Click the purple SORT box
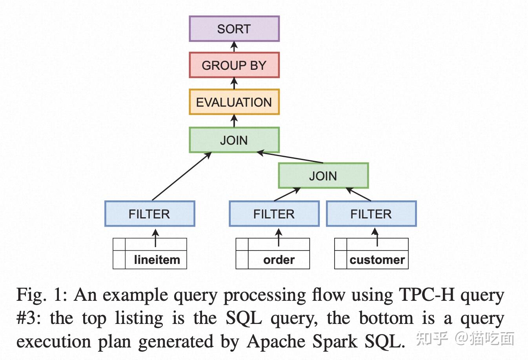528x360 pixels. pyautogui.click(x=234, y=29)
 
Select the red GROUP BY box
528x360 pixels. pyautogui.click(x=234, y=65)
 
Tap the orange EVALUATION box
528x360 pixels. pyautogui.click(x=234, y=102)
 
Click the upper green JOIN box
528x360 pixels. pyautogui.click(x=234, y=140)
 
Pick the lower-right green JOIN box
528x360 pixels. pyautogui.click(x=323, y=176)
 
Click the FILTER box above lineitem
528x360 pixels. pyautogui.click(x=149, y=214)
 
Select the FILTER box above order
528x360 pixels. pyautogui.click(x=274, y=214)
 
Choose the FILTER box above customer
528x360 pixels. pyautogui.click(x=371, y=214)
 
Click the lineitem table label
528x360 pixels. pyautogui.click(x=157, y=260)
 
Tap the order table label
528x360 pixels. pyautogui.click(x=279, y=260)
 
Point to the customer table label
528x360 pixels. pyautogui.click(x=377, y=260)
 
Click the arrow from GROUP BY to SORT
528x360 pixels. pyautogui.click(x=234, y=47)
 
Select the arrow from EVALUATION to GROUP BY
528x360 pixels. pyautogui.click(x=234, y=83)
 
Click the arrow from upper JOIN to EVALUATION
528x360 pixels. pyautogui.click(x=234, y=120)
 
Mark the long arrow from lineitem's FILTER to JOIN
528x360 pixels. pyautogui.click(x=182, y=176)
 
